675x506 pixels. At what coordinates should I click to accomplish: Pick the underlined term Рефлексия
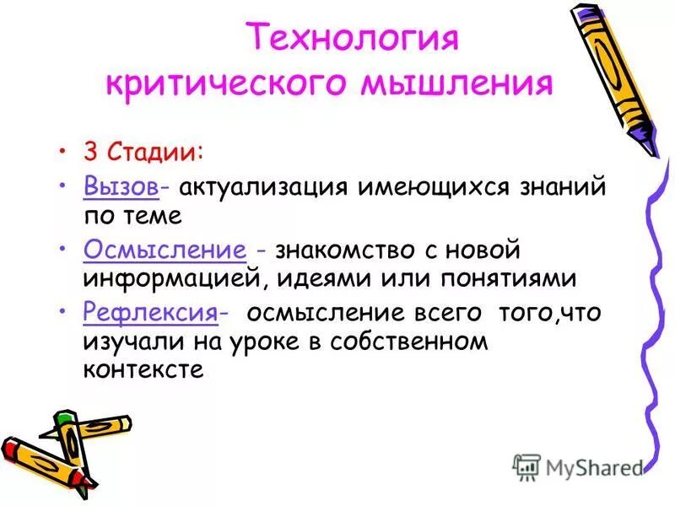[149, 312]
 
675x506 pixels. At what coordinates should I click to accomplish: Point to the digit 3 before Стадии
[89, 154]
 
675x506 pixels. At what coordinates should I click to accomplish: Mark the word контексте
[143, 369]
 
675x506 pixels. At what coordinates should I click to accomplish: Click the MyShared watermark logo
[578, 466]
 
